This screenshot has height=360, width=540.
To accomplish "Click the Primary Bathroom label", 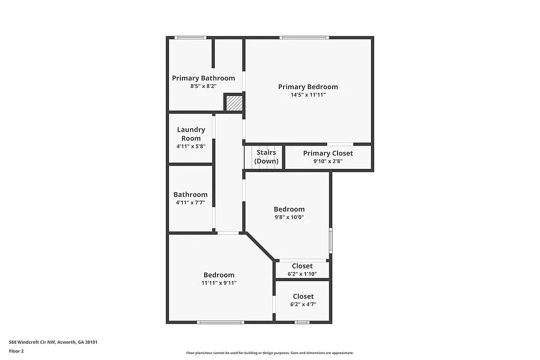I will click(x=204, y=78).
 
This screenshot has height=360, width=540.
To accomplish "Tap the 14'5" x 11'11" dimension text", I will click(x=308, y=95).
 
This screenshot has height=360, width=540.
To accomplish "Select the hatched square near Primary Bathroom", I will click(x=233, y=103).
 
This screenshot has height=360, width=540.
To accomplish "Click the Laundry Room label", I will click(x=191, y=134).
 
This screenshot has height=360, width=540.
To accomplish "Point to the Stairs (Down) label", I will click(x=266, y=157).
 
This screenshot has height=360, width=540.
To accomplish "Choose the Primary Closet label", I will click(x=328, y=153).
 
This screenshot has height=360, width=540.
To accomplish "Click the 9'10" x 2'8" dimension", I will click(x=328, y=161).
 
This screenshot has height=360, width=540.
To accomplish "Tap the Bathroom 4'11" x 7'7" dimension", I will click(x=190, y=203).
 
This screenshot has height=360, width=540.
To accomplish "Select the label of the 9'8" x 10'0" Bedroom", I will click(x=289, y=209).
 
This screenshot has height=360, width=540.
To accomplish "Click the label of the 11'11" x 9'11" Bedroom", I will click(x=219, y=275).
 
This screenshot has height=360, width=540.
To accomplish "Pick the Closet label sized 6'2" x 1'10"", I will click(x=302, y=266).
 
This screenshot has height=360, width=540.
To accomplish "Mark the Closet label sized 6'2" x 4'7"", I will click(x=303, y=296).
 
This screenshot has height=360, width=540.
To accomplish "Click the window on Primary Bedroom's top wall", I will click(x=304, y=37).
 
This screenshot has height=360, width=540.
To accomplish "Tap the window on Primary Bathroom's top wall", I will click(x=190, y=37).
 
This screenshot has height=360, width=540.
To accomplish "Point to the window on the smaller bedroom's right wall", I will click(x=330, y=240).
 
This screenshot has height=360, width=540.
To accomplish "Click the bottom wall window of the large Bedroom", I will click(x=220, y=322).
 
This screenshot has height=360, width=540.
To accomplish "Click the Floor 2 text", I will click(x=17, y=351).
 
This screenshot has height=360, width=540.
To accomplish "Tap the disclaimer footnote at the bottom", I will click(x=270, y=352).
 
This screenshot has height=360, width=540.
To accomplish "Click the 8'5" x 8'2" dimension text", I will click(x=204, y=86).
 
